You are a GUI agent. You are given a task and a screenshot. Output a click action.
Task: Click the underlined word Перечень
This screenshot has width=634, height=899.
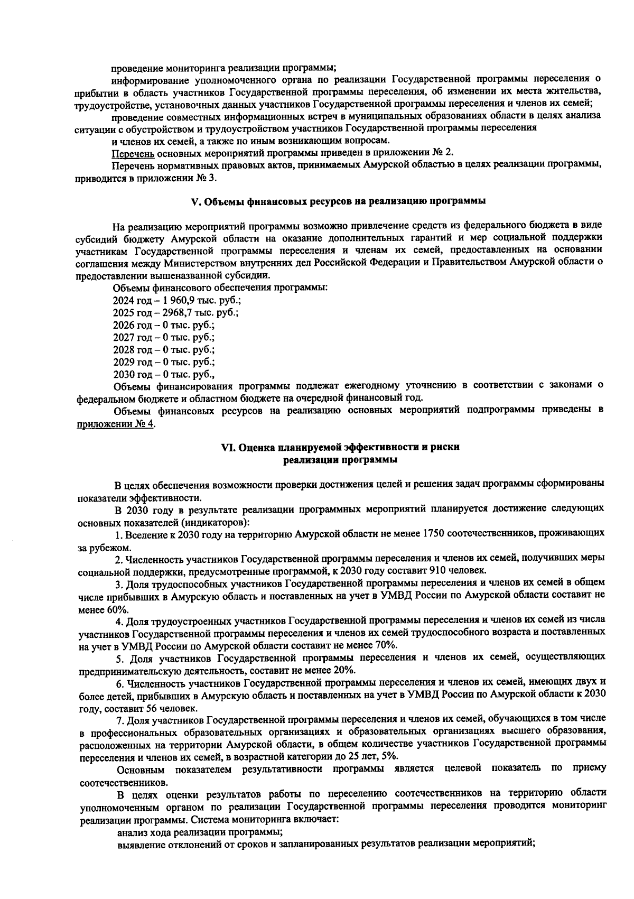(x=133, y=153)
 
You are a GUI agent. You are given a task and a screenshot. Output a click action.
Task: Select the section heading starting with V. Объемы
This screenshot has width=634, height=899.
(x=338, y=202)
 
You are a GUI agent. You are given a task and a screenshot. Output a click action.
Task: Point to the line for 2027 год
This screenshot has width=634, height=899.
(x=163, y=338)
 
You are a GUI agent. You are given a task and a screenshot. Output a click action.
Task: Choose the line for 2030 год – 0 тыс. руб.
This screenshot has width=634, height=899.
(x=163, y=375)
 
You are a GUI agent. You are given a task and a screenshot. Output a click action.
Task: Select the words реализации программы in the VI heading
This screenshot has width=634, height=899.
(x=340, y=460)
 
